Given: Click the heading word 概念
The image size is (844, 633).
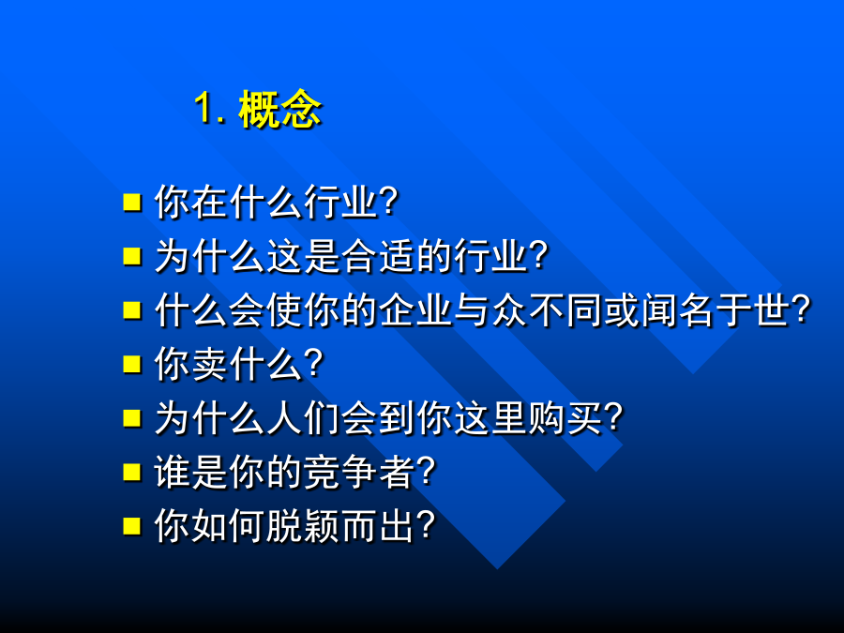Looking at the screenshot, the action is (279, 110).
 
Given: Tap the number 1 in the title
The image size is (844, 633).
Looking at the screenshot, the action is (203, 108).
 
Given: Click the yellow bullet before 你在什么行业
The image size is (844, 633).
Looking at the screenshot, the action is (132, 202).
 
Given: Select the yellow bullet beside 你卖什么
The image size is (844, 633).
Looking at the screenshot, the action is (132, 364).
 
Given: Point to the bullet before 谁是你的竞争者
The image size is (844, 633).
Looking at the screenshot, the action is (132, 472).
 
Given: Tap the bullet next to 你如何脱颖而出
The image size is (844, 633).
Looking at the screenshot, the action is (132, 526).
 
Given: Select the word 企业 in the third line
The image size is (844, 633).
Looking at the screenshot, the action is (416, 310).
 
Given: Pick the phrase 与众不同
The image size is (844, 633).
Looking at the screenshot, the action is (528, 310).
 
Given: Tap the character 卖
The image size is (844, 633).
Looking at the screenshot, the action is (210, 364).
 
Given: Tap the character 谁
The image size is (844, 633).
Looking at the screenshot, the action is (173, 472).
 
